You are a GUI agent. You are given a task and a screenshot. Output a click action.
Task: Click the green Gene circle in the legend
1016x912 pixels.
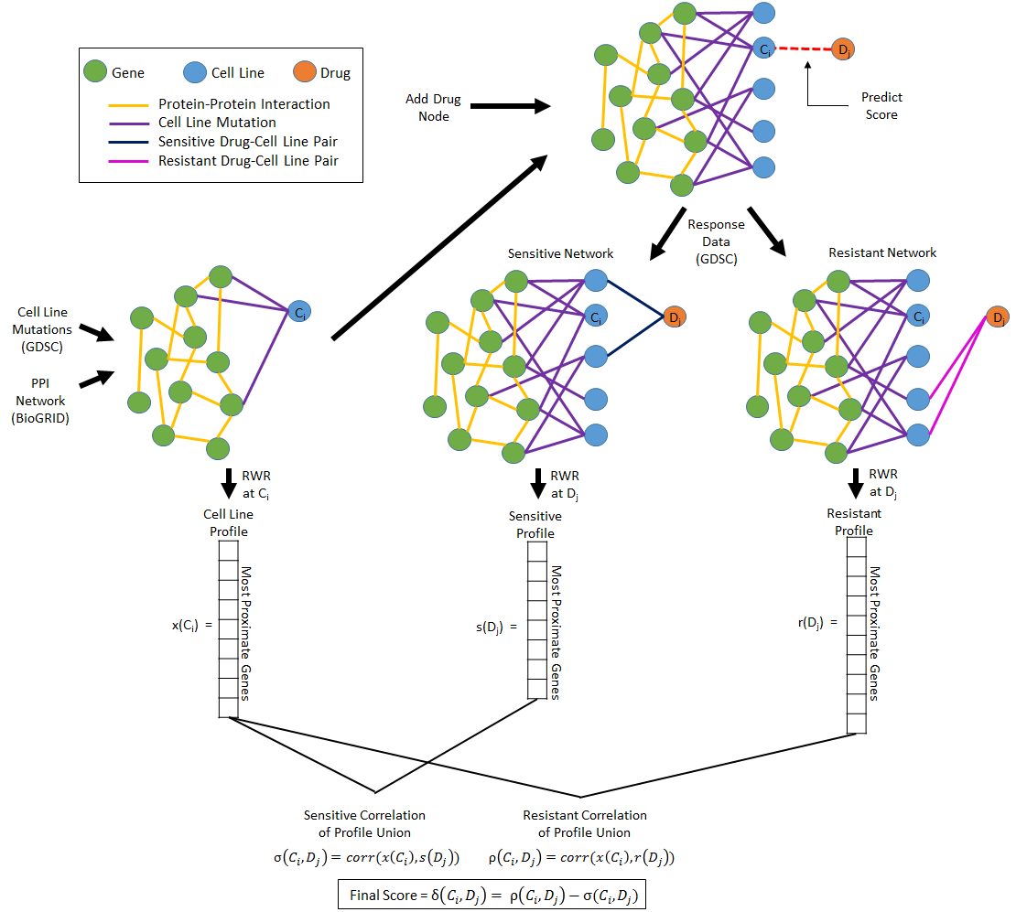pyautogui.click(x=94, y=72)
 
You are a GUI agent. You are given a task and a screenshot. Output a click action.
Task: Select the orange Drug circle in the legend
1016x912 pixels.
pyautogui.click(x=304, y=72)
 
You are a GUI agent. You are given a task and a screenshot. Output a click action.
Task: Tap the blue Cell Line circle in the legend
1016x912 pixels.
pyautogui.click(x=193, y=72)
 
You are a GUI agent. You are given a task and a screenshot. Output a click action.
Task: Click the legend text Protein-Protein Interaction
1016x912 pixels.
pyautogui.click(x=243, y=104)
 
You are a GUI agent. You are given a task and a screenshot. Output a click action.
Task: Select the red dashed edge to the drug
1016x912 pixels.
pyautogui.click(x=802, y=49)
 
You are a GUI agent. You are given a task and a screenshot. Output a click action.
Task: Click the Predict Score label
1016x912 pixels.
pyautogui.click(x=881, y=106)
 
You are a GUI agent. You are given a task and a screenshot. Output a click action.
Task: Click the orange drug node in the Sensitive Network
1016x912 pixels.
pyautogui.click(x=674, y=317)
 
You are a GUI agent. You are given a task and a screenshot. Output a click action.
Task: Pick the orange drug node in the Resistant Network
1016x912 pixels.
pyautogui.click(x=997, y=317)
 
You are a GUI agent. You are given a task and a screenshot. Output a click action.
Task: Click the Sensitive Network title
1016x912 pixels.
pyautogui.click(x=560, y=253)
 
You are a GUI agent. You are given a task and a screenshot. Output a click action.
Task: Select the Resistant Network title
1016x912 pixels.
pyautogui.click(x=882, y=252)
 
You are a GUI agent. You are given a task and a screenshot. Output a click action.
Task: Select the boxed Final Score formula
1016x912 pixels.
pyautogui.click(x=492, y=894)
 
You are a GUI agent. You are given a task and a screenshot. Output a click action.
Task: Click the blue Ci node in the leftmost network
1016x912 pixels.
pyautogui.click(x=299, y=313)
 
